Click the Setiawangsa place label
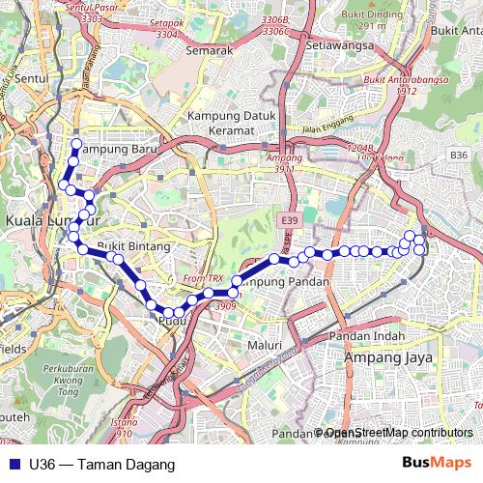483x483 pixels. (308, 44)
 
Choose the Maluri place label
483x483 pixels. (263, 344)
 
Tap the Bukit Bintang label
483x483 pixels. (133, 247)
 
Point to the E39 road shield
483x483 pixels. (287, 221)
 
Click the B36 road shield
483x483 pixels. (459, 155)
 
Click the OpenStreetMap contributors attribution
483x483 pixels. (399, 433)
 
